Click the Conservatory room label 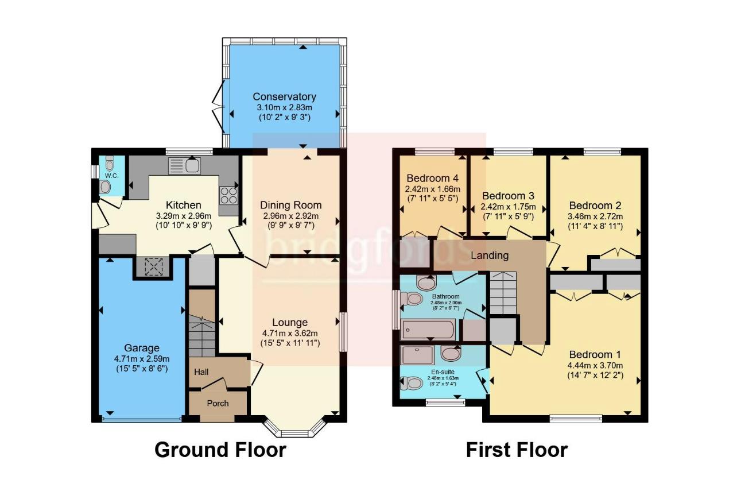pyautogui.click(x=284, y=96)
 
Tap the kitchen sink pyautogui.click(x=184, y=166)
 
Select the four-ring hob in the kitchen pyautogui.click(x=228, y=195)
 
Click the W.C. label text pyautogui.click(x=110, y=175)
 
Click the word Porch pyautogui.click(x=218, y=403)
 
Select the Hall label pyautogui.click(x=201, y=372)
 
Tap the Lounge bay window pyautogui.click(x=295, y=429)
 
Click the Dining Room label pyautogui.click(x=291, y=205)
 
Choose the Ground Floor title pyautogui.click(x=220, y=450)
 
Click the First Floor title pyautogui.click(x=517, y=450)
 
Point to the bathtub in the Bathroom pyautogui.click(x=428, y=330)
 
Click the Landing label pyautogui.click(x=490, y=256)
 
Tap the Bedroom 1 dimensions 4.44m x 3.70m pyautogui.click(x=595, y=365)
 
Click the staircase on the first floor pyautogui.click(x=502, y=293)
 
